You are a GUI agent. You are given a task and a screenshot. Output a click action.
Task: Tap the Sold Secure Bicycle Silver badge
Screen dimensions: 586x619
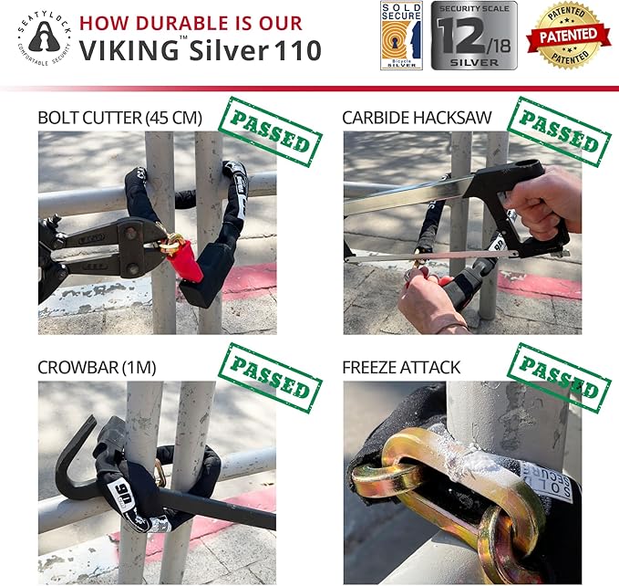tap(401, 36)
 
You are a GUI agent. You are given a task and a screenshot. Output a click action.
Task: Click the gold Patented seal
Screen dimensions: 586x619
tap(569, 36)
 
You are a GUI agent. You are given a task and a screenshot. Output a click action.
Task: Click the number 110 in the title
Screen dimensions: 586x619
tap(296, 51)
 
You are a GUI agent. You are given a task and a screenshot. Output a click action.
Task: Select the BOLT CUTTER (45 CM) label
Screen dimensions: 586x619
tap(119, 118)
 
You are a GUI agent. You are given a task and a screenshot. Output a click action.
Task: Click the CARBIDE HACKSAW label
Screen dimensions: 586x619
tap(416, 118)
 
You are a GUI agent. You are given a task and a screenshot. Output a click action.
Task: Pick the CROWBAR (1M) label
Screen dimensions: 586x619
tap(97, 368)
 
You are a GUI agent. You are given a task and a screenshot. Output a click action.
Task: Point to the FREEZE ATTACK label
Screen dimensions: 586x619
tap(403, 368)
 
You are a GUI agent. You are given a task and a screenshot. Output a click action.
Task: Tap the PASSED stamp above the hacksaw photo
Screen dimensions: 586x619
tap(559, 133)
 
